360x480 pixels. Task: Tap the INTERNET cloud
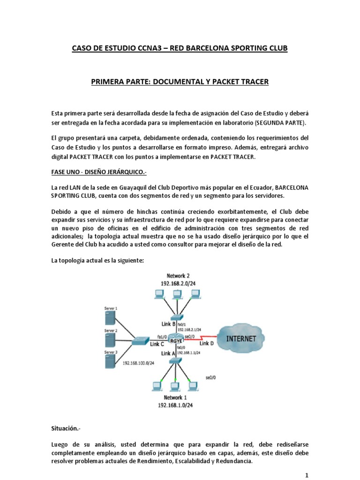[241, 338]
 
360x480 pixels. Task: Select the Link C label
[156, 344]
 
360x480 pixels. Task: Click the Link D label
[206, 344]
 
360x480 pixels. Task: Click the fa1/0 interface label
[162, 336]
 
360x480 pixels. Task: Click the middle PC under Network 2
[177, 294]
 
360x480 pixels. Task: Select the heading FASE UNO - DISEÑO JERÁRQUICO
[98, 172]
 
